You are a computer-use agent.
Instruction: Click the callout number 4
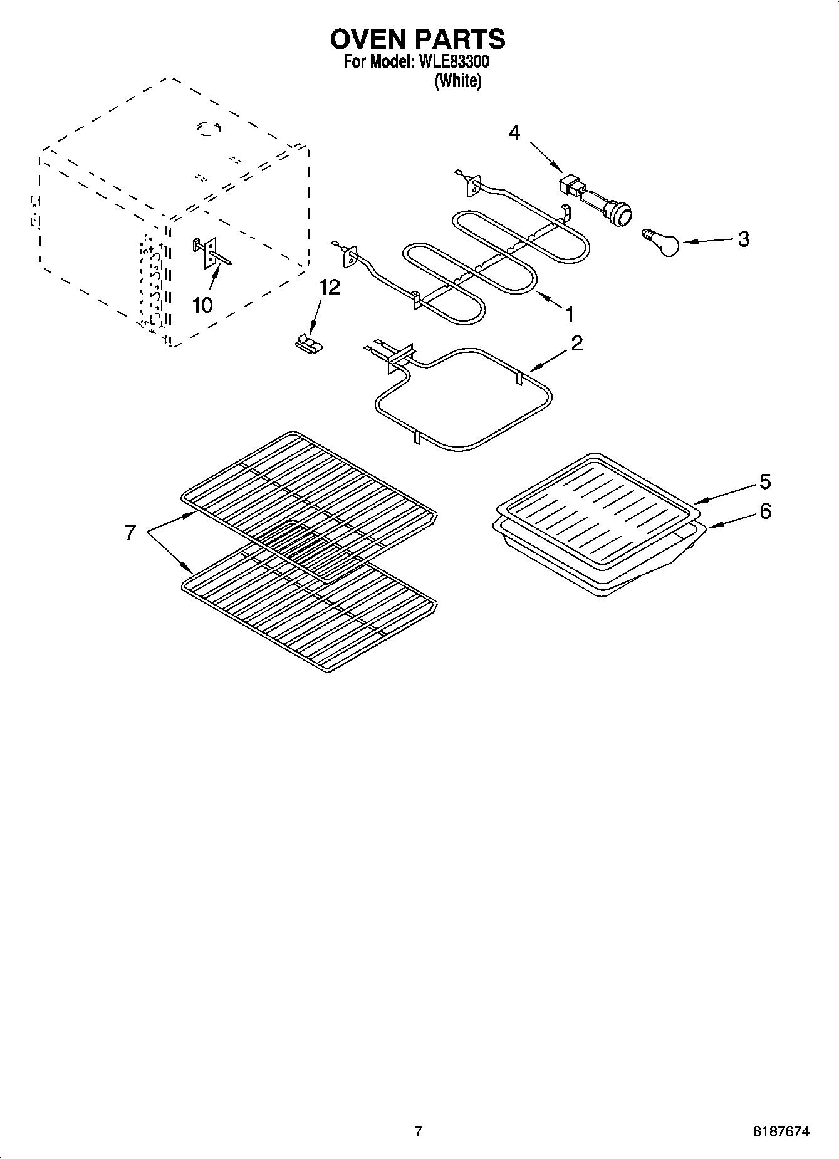point(514,133)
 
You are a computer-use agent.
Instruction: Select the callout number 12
point(330,287)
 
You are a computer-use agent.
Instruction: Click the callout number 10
point(202,305)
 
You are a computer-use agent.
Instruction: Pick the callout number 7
point(130,533)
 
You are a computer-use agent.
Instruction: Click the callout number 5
point(765,481)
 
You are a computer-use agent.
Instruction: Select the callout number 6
point(765,511)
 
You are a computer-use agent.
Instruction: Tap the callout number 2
point(576,343)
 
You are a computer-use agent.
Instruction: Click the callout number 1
point(570,313)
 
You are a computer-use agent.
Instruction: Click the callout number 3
point(743,239)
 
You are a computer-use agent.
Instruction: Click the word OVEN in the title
point(368,39)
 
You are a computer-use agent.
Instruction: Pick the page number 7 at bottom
point(419,1131)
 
